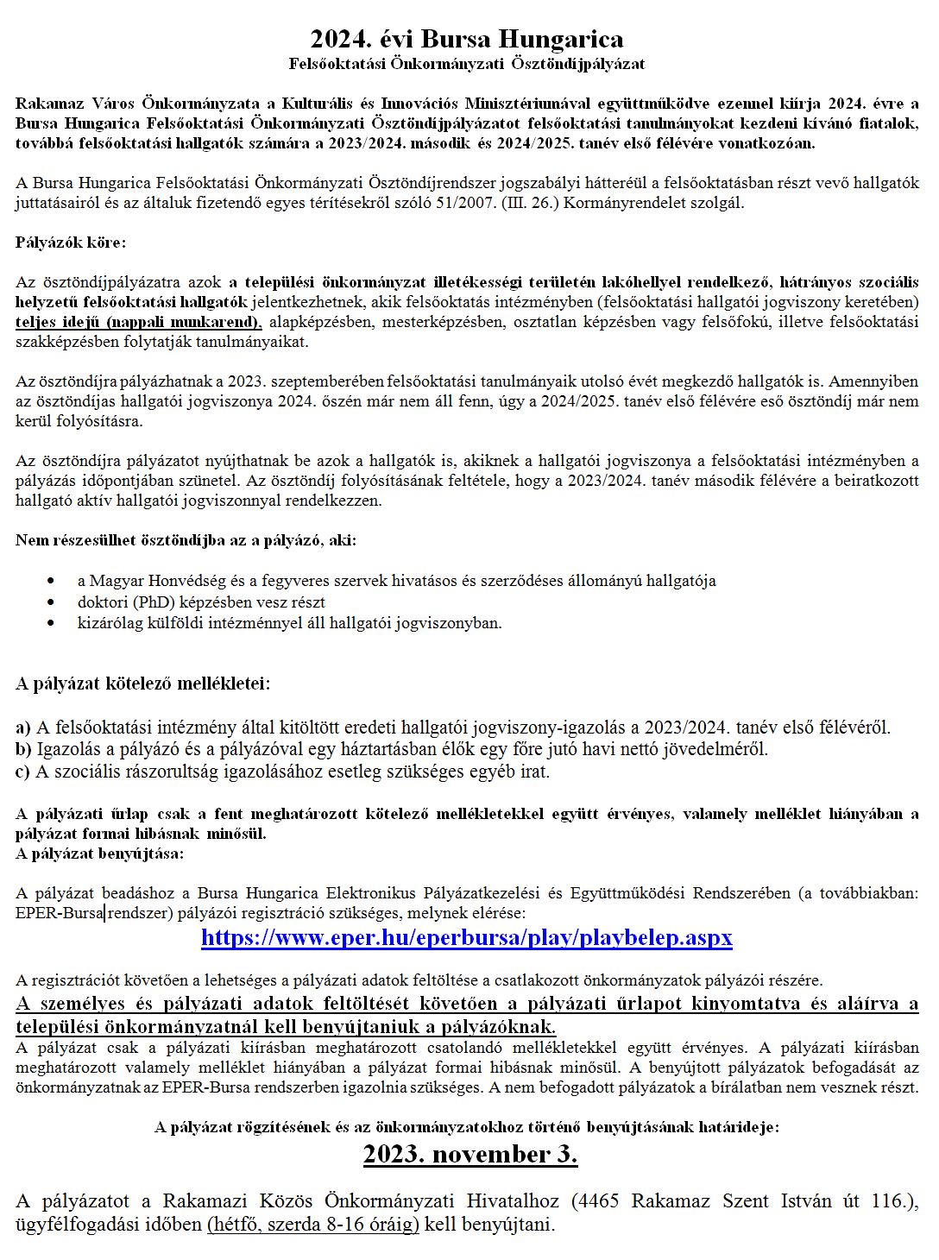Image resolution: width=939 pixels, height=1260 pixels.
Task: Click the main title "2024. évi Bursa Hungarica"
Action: click(x=467, y=40)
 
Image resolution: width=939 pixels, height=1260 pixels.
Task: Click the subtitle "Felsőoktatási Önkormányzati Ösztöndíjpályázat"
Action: click(x=467, y=64)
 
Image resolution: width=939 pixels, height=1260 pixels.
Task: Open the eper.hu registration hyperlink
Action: click(x=467, y=938)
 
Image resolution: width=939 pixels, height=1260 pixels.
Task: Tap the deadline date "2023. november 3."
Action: click(x=470, y=1155)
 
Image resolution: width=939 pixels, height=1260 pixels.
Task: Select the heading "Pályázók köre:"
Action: click(x=71, y=243)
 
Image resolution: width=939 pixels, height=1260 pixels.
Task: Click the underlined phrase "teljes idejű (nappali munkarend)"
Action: click(x=138, y=322)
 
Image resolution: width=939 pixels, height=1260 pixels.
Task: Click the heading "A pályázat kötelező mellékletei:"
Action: click(x=142, y=684)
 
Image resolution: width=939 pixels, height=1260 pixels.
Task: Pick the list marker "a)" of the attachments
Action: click(x=22, y=728)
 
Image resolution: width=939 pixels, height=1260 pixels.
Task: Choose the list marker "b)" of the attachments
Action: click(x=23, y=749)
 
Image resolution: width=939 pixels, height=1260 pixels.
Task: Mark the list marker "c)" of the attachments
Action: click(x=22, y=772)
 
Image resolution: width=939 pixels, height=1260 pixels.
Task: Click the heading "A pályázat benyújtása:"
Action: click(x=99, y=854)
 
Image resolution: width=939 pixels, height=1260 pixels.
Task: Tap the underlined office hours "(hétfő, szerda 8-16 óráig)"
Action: click(x=312, y=1225)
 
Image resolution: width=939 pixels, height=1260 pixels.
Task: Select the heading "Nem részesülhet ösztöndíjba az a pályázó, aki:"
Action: click(x=186, y=540)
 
